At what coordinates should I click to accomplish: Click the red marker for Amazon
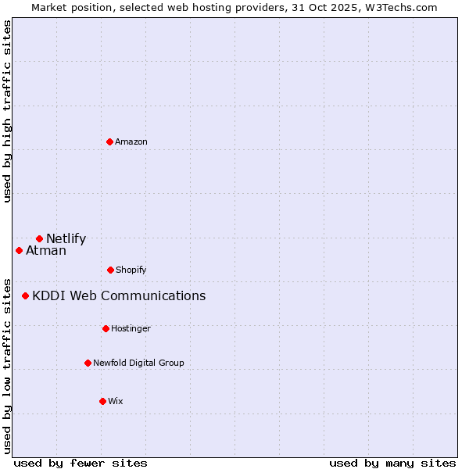110,141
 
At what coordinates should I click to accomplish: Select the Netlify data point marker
39,238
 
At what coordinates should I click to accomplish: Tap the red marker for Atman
20,250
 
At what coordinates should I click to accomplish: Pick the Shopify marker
110,270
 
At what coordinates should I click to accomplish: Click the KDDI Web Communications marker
26,295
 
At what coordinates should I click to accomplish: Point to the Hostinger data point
106,328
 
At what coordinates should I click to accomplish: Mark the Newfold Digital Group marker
88,363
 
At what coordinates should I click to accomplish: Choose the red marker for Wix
102,401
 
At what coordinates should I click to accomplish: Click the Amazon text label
131,141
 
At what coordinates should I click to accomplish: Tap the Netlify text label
66,239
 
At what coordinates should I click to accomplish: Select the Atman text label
46,251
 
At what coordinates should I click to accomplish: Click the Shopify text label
131,270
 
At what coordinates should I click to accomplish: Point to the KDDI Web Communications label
119,295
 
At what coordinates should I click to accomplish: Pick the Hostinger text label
131,328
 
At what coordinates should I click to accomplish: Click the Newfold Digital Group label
138,363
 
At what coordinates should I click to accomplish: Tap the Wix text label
116,401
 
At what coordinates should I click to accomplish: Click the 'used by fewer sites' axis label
81,463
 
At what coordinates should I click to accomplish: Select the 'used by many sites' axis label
392,463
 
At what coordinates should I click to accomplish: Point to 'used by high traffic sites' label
7,112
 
